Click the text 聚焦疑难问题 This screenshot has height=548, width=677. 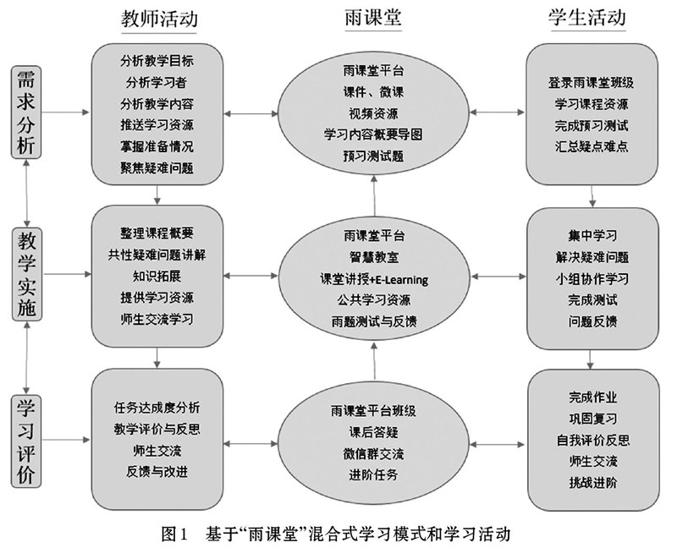[157, 167]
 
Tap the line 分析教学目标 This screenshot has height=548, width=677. [157, 61]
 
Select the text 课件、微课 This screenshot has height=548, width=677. [373, 91]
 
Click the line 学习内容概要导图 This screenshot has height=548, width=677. [373, 134]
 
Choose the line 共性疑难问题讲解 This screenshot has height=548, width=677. [157, 254]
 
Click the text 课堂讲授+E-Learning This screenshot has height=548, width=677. [373, 278]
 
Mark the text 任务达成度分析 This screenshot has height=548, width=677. [157, 406]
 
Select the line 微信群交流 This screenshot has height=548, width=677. [373, 452]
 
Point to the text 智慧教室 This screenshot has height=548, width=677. [373, 256]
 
